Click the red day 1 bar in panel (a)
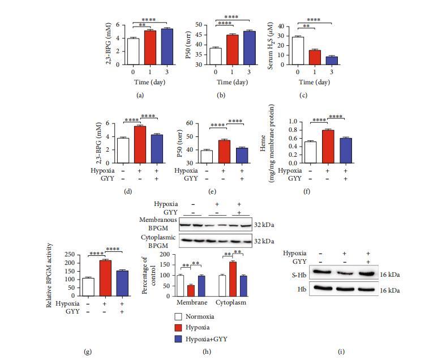point(149,48)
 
